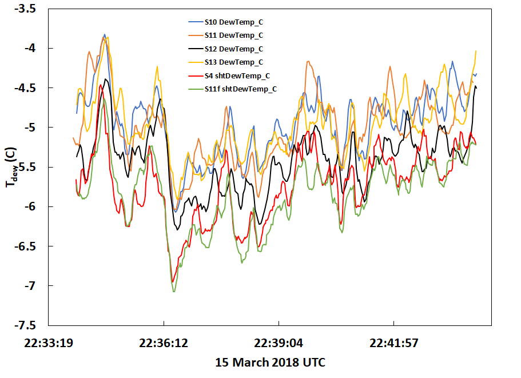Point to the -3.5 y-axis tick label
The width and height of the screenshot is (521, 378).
[28, 9]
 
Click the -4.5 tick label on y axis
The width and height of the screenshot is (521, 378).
[28, 88]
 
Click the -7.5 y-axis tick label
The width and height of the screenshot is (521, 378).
[28, 325]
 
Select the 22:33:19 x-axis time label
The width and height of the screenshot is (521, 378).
[49, 343]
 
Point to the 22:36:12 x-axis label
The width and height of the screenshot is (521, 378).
[164, 343]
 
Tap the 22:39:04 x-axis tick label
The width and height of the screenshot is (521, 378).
[279, 343]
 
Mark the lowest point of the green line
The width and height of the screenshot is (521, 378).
[174, 292]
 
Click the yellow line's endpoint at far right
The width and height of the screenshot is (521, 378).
[476, 51]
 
